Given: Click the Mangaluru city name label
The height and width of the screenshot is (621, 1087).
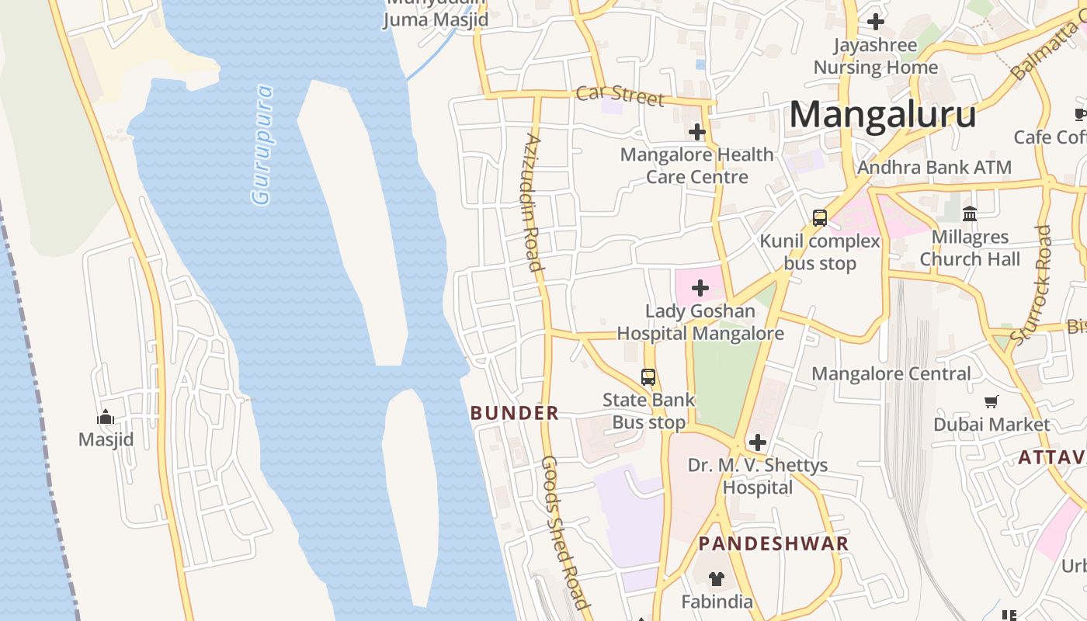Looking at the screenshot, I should (883, 115).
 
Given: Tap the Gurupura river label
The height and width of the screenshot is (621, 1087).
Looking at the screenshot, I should (263, 144).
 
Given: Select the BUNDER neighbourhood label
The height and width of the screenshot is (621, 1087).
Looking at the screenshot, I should (515, 413).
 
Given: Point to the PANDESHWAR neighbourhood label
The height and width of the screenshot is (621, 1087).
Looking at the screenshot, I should (773, 543).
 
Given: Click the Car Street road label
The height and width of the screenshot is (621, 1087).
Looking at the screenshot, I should (620, 95).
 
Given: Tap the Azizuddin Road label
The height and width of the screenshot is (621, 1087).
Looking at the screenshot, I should (533, 203).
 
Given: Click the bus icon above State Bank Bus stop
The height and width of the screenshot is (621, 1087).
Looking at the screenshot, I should (648, 377).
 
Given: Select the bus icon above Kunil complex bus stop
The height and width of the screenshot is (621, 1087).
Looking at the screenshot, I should (820, 218).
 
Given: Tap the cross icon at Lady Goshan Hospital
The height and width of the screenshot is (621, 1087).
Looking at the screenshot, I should (700, 289).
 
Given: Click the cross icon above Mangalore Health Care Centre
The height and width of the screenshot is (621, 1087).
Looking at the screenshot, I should (697, 132).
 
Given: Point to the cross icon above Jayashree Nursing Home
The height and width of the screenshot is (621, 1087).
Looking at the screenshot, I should (876, 22).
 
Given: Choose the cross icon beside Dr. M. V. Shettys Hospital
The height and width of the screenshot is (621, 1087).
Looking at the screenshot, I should (758, 443).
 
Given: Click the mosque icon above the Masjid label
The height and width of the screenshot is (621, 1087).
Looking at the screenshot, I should (106, 418).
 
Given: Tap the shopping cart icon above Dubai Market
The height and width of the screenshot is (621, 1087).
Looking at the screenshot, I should (991, 402).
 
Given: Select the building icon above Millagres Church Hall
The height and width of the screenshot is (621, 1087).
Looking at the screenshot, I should (970, 213).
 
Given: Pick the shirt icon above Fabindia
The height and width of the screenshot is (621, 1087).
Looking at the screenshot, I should (717, 579).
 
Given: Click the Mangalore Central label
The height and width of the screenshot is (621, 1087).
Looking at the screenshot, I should (891, 374).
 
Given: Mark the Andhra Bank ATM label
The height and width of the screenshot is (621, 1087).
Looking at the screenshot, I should (934, 167).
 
